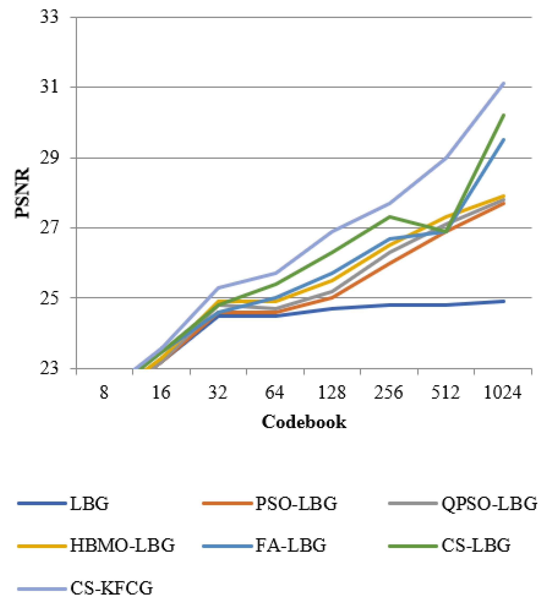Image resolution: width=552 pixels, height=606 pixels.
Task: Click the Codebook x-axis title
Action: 304,422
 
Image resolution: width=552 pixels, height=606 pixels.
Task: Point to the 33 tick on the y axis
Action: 49,17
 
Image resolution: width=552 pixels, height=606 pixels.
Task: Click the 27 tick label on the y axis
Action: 49,228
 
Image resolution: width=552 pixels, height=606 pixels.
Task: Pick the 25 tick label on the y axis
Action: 49,298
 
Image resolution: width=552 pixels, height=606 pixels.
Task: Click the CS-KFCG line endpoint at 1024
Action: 504,83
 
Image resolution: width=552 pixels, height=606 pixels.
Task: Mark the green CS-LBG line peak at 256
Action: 389,216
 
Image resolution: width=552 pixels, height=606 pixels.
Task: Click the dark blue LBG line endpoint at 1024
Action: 504,301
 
